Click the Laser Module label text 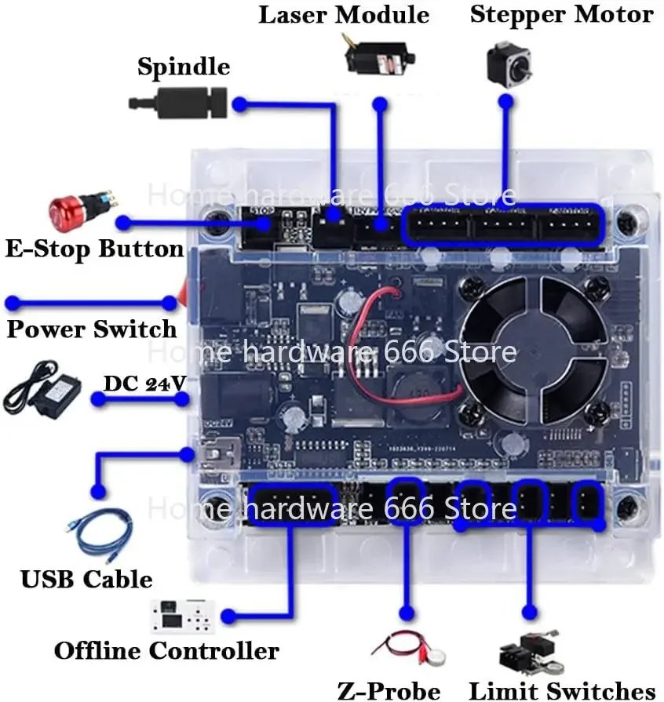pos(344,14)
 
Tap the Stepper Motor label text pos(561,14)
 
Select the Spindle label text pos(184,66)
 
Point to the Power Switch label pos(91,328)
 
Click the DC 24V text pos(145,383)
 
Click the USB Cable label pos(86,580)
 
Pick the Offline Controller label pos(166,650)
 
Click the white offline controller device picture pos(182,615)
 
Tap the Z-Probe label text pos(389,691)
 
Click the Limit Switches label pos(561,691)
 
